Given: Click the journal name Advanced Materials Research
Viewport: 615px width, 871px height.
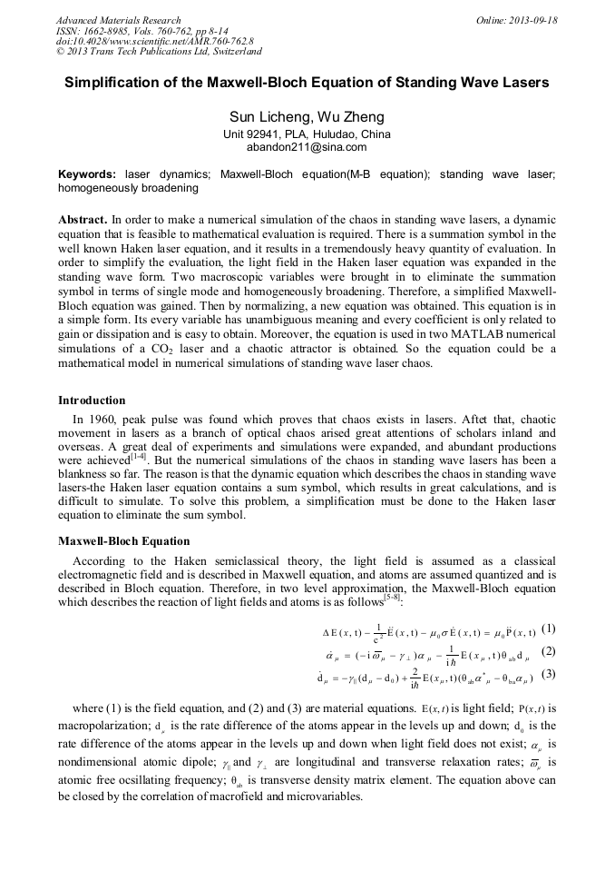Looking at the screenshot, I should [118, 20].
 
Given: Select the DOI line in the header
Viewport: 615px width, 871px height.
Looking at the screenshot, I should [154, 42].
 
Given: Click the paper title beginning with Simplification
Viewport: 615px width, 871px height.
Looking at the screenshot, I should [307, 83].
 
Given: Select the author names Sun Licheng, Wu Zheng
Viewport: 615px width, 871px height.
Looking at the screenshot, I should [307, 117].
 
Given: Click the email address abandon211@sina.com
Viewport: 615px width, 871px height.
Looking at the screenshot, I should [307, 146].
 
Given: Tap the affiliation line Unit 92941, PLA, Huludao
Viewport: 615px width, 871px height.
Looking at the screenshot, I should [307, 134].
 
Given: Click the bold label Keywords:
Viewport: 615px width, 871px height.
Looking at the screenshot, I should [87, 173].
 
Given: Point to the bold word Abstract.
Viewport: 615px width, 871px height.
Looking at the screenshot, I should [83, 221].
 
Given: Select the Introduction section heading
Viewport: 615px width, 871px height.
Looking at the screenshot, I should [92, 401].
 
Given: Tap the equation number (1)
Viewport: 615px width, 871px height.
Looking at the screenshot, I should [548, 629].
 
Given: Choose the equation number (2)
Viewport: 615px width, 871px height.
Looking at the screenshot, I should [548, 651].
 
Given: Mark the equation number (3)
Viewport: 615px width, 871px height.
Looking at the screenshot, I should [548, 674].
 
